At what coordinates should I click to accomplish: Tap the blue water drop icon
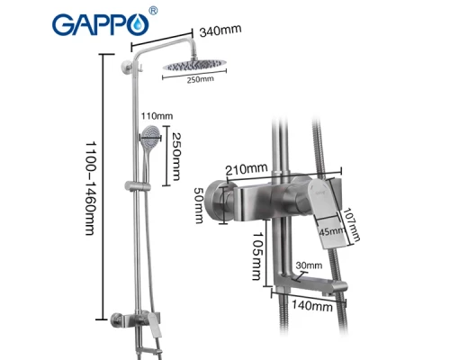(138, 28)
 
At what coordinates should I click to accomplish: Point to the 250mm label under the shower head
(201, 80)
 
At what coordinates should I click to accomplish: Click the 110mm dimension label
(156, 116)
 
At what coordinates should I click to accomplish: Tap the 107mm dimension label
(356, 224)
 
